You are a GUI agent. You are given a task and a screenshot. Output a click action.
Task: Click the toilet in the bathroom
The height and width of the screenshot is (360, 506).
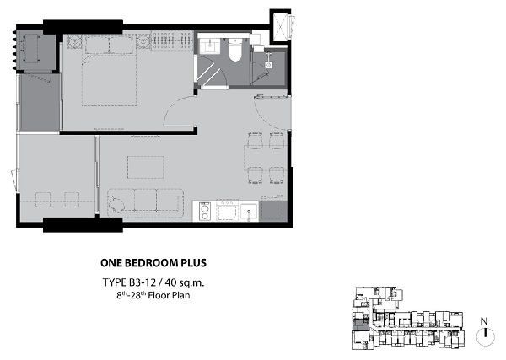click(235, 50)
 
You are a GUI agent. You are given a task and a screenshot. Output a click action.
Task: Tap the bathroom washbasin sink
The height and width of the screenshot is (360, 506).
click(209, 46)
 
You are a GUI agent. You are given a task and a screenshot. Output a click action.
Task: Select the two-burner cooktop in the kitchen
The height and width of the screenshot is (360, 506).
click(205, 212)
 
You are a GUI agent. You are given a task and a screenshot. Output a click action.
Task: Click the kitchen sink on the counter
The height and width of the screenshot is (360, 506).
click(249, 212)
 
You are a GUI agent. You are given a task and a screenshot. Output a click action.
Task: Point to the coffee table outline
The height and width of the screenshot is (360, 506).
click(145, 167)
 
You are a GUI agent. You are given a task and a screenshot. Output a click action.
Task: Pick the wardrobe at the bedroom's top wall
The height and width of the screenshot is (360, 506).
click(172, 41)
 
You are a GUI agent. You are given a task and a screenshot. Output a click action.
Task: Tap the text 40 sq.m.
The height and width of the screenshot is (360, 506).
click(185, 282)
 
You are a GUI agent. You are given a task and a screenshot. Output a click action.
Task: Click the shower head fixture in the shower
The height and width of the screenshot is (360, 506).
click(268, 61)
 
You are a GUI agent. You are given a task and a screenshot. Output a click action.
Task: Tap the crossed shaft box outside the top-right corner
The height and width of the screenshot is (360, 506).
click(280, 26)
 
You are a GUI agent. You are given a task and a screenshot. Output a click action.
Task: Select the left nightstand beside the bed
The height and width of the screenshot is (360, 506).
click(74, 42)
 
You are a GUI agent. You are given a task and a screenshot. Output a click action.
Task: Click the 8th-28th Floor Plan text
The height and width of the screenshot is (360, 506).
click(153, 295)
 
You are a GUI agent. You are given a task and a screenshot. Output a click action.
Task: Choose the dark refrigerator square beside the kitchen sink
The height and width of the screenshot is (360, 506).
click(273, 211)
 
